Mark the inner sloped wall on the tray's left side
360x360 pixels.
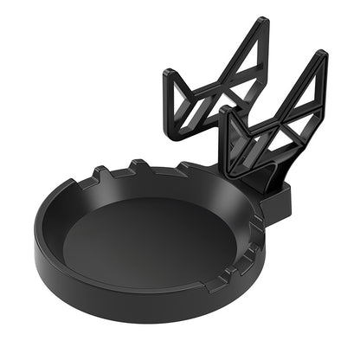tap(61, 234)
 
